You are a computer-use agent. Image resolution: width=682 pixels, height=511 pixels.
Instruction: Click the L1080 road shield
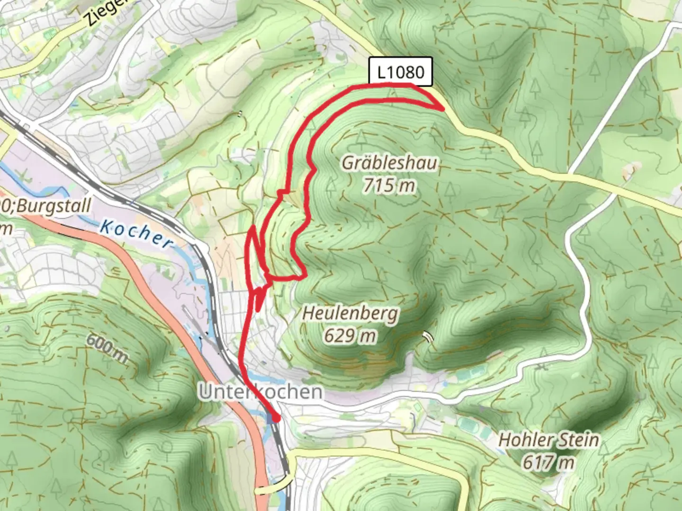coord(400,72)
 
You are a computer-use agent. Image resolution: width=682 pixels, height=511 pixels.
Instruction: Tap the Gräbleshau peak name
coord(389,163)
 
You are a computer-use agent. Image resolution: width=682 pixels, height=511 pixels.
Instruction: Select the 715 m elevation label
coord(389,185)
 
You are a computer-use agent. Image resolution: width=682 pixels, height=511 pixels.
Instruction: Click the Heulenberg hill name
coord(350,313)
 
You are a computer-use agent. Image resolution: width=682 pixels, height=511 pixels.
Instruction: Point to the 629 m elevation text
coord(350,335)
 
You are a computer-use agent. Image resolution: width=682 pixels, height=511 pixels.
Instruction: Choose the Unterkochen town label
coord(260,392)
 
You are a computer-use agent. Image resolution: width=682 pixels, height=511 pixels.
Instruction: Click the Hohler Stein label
coord(549,440)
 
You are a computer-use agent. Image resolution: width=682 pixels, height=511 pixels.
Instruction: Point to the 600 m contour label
coord(107,348)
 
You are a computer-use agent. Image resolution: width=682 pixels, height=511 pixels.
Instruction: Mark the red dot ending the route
coord(275,418)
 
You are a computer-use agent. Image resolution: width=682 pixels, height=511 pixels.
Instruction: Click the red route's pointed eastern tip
coord(443,109)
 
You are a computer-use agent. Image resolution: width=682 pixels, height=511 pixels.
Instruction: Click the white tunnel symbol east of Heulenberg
coord(428,336)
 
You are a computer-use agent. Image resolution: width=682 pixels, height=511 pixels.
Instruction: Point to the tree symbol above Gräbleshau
coord(361,137)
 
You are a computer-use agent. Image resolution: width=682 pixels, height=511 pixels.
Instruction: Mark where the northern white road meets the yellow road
coord(570,170)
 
